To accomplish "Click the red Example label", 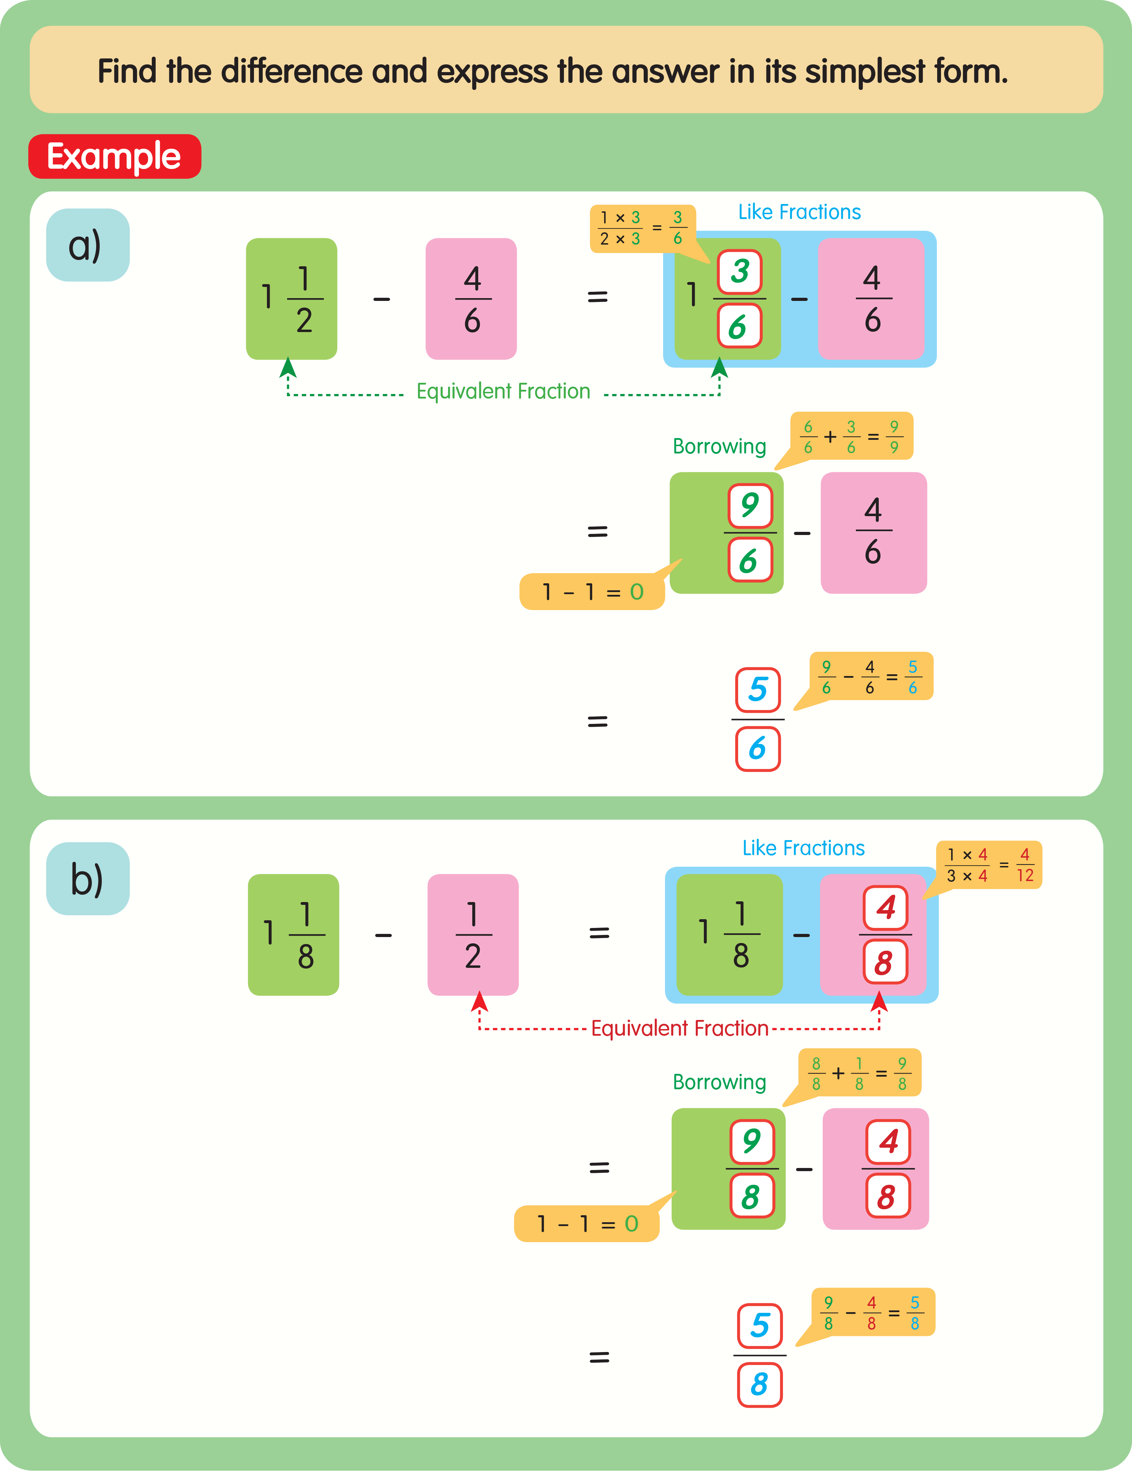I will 114,156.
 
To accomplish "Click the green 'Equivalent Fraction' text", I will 503,391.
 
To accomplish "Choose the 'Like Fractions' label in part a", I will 799,212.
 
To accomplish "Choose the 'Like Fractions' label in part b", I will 804,848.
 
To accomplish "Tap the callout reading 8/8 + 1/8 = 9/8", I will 859,1072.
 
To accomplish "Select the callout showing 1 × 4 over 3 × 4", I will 989,865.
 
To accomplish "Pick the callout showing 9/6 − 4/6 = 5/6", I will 870,676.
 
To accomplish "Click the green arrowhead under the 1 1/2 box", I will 288,368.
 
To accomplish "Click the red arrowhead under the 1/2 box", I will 480,1002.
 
